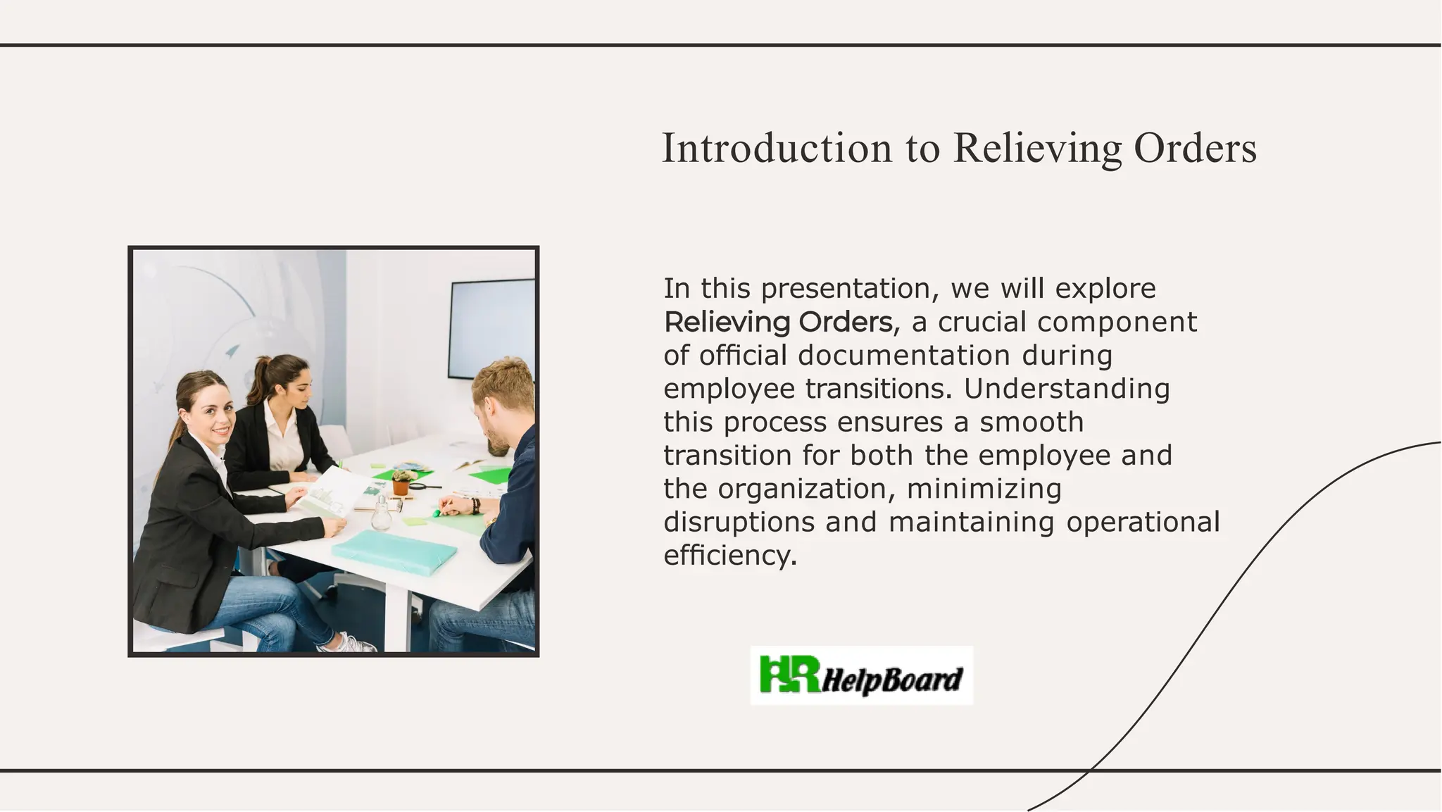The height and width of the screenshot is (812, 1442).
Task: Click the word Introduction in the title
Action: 777,149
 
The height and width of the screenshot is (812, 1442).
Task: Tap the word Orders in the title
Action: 1195,149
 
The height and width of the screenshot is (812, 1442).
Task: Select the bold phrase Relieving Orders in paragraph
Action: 778,323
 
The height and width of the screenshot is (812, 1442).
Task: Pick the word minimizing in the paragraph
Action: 984,488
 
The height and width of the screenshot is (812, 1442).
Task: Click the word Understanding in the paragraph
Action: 1066,389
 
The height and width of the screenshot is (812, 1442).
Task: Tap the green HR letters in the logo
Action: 789,674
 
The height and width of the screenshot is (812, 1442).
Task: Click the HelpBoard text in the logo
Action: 891,680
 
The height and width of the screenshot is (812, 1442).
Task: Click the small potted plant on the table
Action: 401,482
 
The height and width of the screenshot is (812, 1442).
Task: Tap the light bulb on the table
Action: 381,513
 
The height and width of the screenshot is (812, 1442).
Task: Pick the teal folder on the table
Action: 394,552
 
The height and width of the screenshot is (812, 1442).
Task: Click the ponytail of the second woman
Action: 261,377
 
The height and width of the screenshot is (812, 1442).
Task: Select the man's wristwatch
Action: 475,505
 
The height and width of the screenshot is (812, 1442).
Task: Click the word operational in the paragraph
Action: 1142,522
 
